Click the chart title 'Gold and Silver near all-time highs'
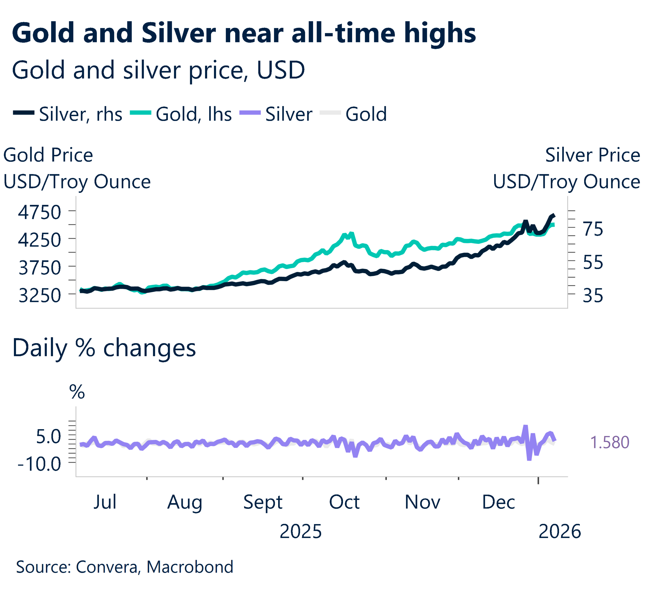coord(244,33)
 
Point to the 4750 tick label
coord(40,212)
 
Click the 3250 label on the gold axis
coord(40,295)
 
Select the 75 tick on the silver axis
coord(593,229)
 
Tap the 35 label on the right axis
coord(593,295)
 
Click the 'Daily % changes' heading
coord(104,348)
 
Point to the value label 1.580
coord(609,442)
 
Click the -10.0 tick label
coord(40,464)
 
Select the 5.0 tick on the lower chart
coord(48,436)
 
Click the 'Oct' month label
coord(344,502)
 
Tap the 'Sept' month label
coord(263,502)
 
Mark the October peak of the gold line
coord(351,234)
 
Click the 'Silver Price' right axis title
coord(592,155)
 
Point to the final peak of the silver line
coord(553,215)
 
